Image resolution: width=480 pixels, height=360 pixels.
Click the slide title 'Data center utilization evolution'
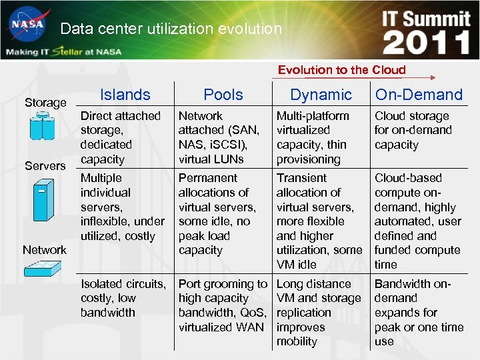point(171,29)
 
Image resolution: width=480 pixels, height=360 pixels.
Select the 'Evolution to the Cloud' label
point(341,69)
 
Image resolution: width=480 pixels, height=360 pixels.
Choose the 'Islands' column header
point(125,95)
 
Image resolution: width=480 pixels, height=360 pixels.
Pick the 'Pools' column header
point(223,95)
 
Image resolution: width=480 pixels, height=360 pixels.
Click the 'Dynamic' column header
point(321,95)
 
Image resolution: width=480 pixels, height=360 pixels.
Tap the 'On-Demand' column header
point(419,95)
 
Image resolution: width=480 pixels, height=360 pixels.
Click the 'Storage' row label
point(45,103)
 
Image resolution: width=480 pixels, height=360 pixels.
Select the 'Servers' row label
point(45,165)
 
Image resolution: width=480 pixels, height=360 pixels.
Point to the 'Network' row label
point(45,250)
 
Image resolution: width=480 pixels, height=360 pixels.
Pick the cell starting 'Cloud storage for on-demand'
point(413,130)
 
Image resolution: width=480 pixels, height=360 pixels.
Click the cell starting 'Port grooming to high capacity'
point(223,305)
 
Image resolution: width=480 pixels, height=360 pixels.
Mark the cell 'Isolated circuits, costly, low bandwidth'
point(123,298)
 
